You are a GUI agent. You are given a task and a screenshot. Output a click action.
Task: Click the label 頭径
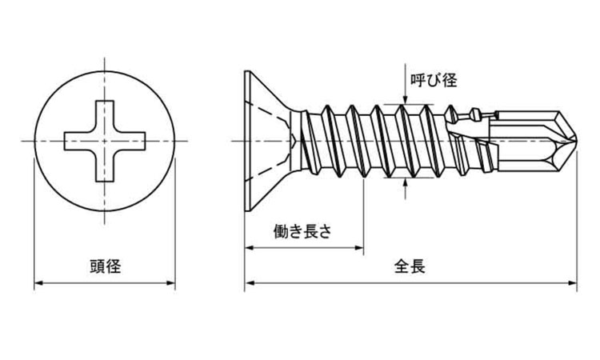tap(106, 266)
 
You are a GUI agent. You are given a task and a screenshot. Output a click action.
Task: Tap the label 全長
tap(410, 266)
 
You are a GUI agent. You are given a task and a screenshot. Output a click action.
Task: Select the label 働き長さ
tap(302, 231)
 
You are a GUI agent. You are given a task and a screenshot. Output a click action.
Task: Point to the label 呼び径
tap(434, 80)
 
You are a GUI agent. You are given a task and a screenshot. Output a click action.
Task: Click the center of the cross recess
tap(105, 141)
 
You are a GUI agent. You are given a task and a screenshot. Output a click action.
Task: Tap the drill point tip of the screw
tap(577, 141)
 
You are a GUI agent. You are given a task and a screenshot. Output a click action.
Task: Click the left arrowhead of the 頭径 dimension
tap(38, 283)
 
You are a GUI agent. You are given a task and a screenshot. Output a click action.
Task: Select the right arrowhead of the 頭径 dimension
tap(171, 283)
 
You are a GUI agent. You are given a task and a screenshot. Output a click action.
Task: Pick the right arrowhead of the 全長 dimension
tap(573, 283)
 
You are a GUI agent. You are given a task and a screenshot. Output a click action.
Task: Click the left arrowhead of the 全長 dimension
tap(249, 283)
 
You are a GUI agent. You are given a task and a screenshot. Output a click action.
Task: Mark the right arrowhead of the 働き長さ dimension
tap(359, 248)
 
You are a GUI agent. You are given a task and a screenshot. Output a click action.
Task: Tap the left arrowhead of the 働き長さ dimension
tap(249, 248)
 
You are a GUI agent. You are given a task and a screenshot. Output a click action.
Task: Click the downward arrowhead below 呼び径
tap(406, 99)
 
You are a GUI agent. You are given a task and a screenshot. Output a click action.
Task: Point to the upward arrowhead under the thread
tap(406, 182)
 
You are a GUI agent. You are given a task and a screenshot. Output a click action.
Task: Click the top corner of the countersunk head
tap(246, 70)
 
